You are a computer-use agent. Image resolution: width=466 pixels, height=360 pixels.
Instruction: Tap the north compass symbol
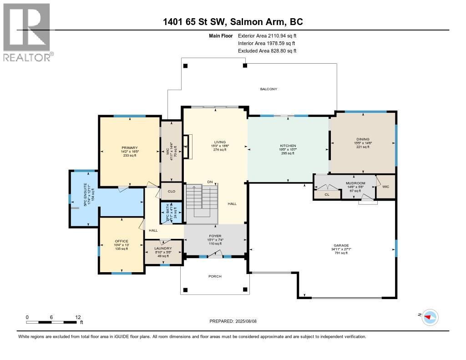[430, 317]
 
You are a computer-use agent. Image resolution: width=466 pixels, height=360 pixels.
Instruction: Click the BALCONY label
[268, 89]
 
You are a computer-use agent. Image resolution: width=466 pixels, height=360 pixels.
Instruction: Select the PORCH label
[215, 276]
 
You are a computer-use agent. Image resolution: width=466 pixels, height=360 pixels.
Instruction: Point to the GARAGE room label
[341, 245]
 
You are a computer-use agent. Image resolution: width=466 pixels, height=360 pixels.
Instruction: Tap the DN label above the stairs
[210, 182]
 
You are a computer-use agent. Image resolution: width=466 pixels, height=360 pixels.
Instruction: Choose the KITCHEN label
[288, 146]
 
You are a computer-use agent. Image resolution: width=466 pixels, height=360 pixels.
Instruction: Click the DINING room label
[363, 139]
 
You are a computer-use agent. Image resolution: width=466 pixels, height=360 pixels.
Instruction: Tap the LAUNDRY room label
[163, 248]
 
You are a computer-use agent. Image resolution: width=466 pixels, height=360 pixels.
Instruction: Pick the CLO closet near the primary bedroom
[172, 192]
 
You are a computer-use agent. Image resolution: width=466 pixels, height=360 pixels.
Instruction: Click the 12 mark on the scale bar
[78, 317]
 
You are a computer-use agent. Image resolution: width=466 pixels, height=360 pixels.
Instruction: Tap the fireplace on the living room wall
[186, 146]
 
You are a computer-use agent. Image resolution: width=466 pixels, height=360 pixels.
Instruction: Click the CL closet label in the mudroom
[327, 194]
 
